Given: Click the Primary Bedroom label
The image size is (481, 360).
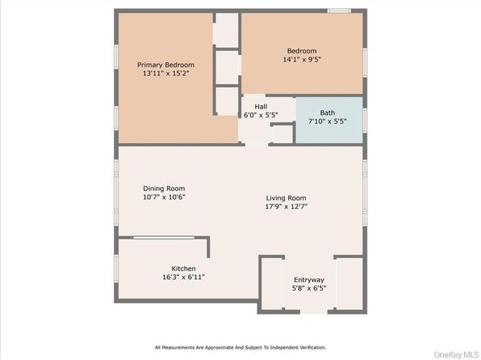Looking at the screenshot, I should (x=165, y=65).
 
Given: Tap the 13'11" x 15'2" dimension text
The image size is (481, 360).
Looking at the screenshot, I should (x=165, y=74).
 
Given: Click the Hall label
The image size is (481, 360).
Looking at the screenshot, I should (x=261, y=107).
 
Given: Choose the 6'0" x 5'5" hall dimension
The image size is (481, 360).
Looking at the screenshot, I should (x=261, y=115).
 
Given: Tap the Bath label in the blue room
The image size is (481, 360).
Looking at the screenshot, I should (x=326, y=113).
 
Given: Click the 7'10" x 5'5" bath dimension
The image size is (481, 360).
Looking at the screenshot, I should (x=326, y=121).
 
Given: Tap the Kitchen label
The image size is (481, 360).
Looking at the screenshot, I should (x=183, y=269).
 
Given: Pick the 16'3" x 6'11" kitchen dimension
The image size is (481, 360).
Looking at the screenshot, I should (x=183, y=277).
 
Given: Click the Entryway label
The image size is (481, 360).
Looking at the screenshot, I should (x=309, y=281).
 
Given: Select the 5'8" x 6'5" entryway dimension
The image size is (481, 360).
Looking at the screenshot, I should (x=309, y=289).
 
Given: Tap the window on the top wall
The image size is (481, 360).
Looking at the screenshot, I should (x=339, y=11).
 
